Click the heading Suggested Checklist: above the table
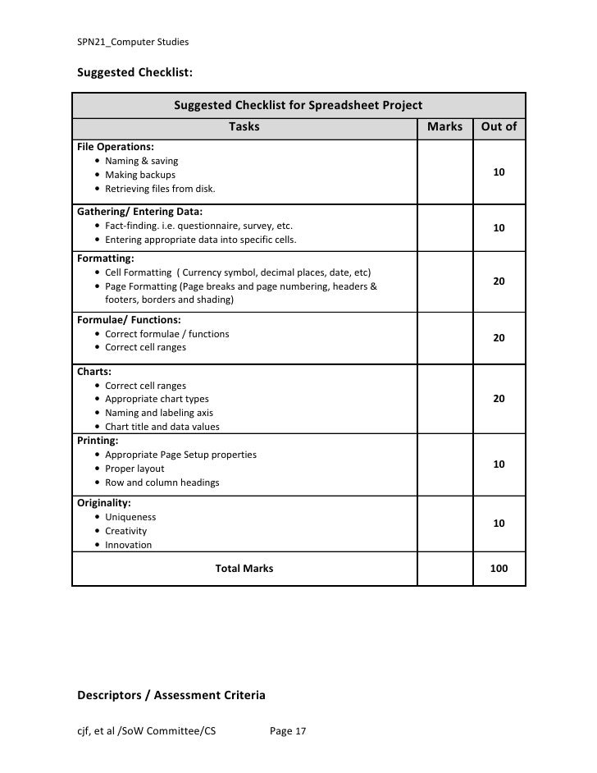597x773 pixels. pos(134,72)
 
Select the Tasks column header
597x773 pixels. pos(244,127)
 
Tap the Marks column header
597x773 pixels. pos(445,127)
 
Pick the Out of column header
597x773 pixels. pos(499,127)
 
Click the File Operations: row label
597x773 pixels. pos(115,147)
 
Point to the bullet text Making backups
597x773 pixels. pos(140,175)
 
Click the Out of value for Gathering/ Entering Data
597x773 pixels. pos(499,227)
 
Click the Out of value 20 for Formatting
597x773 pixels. pos(499,281)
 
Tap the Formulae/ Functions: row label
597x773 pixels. pos(129,320)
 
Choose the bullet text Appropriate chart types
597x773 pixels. pos(157,400)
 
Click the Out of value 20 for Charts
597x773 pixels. pos(499,399)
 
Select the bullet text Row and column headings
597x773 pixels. pos(162,483)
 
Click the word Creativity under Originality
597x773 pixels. pos(126,531)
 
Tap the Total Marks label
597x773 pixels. pos(244,569)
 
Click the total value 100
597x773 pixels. pos(499,569)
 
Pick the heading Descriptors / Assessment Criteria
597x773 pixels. pos(171,696)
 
